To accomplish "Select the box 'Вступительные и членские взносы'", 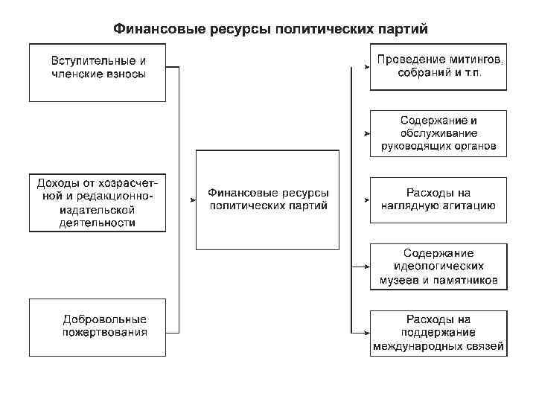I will (98, 72).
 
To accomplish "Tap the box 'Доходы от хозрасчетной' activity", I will (98, 202).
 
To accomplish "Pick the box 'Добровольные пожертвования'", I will (98, 326).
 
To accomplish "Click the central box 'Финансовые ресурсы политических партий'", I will (268, 200).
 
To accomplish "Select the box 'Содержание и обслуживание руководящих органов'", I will (438, 133).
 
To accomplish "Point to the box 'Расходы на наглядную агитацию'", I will (438, 200).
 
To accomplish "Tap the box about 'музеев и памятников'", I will (438, 267).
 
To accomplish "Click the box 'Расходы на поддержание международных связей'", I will (438, 333).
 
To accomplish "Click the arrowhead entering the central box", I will (191, 200).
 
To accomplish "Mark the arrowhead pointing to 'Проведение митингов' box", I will (366, 68).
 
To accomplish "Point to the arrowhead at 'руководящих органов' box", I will (366, 134).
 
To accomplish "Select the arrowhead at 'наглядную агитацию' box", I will (366, 200).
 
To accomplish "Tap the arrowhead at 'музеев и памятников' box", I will (366, 267).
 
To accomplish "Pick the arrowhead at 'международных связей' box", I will (366, 332).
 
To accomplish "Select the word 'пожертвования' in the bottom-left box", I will (104, 333).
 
